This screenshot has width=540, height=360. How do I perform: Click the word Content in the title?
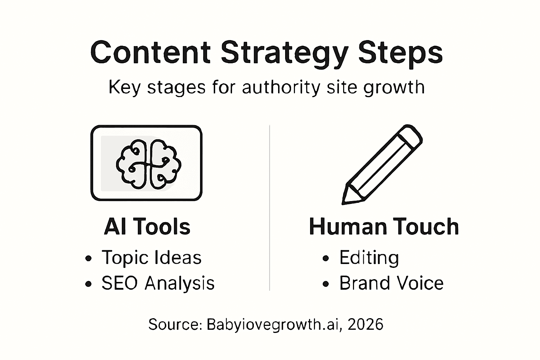pyautogui.click(x=150, y=53)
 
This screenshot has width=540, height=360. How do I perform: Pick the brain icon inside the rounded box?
pyautogui.click(x=148, y=164)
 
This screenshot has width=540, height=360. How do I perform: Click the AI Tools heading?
pyautogui.click(x=147, y=226)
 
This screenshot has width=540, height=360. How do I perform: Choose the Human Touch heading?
pyautogui.click(x=384, y=226)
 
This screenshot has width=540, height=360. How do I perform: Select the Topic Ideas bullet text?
pyautogui.click(x=152, y=257)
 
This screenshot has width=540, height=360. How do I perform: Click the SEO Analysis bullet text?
pyautogui.click(x=158, y=283)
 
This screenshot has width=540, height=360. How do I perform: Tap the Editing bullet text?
pyautogui.click(x=369, y=257)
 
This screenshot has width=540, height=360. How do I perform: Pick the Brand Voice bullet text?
pyautogui.click(x=391, y=283)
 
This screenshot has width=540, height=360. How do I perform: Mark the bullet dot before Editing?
pyautogui.click(x=326, y=258)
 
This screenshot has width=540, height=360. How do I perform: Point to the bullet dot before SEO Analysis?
pyautogui.click(x=88, y=284)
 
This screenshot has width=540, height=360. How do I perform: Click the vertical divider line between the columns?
pyautogui.click(x=270, y=207)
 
